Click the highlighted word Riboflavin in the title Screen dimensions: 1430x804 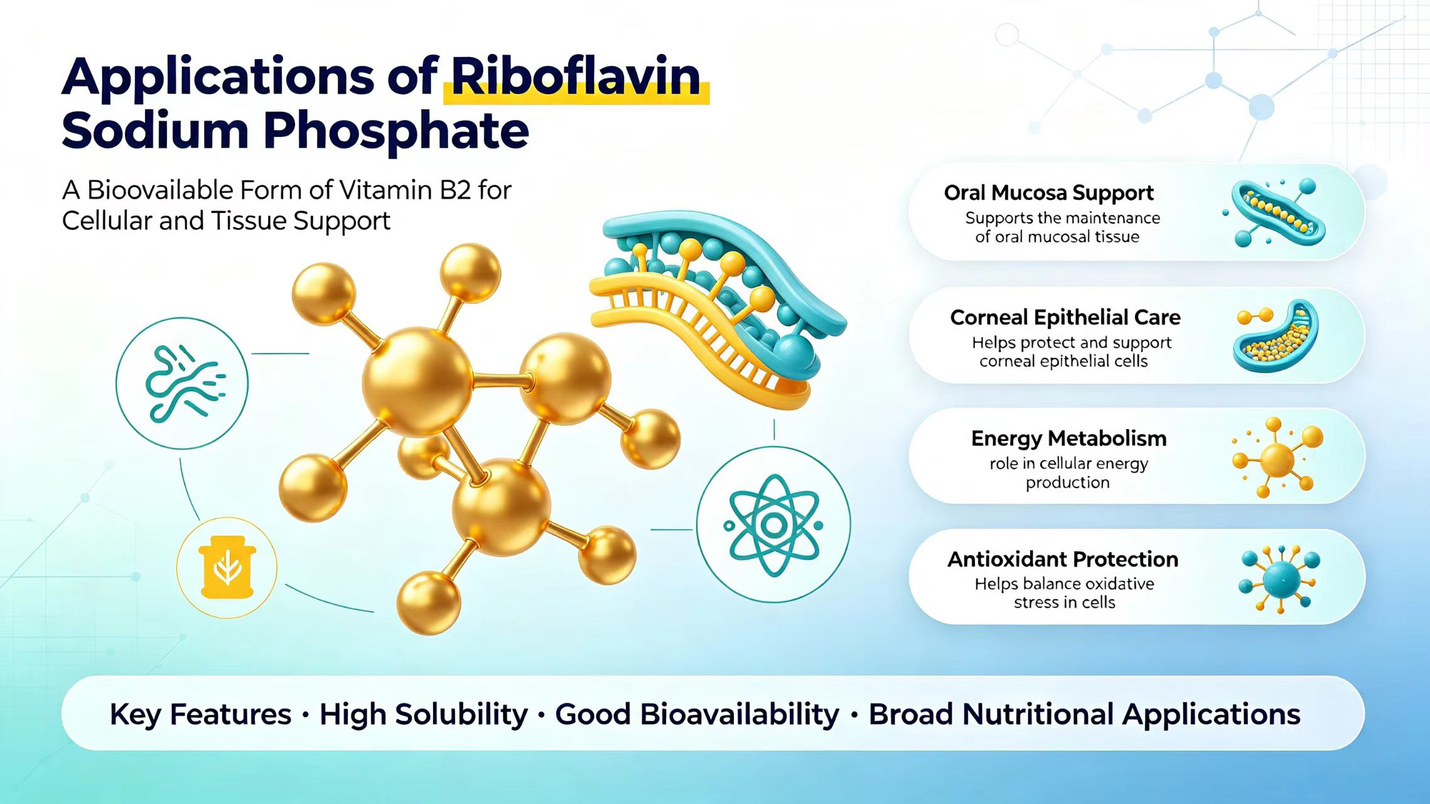coord(576,77)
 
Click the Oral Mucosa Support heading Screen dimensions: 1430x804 coord(1048,193)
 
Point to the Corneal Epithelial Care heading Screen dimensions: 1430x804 coord(1065,317)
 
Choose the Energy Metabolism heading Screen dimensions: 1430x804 coord(1068,438)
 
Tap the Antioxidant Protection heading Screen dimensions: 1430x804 coord(1063,559)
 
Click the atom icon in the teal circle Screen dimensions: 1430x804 coord(773,525)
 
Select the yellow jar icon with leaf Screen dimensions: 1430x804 coord(227,567)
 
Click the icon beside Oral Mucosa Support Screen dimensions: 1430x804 coord(1274,212)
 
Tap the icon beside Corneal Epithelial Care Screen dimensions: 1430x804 coord(1276,335)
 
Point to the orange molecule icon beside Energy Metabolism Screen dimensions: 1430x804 coord(1277,458)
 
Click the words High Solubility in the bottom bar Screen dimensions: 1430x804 coord(423,714)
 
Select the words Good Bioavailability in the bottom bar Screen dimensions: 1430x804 coord(697,714)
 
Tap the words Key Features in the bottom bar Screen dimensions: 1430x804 coord(200,714)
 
